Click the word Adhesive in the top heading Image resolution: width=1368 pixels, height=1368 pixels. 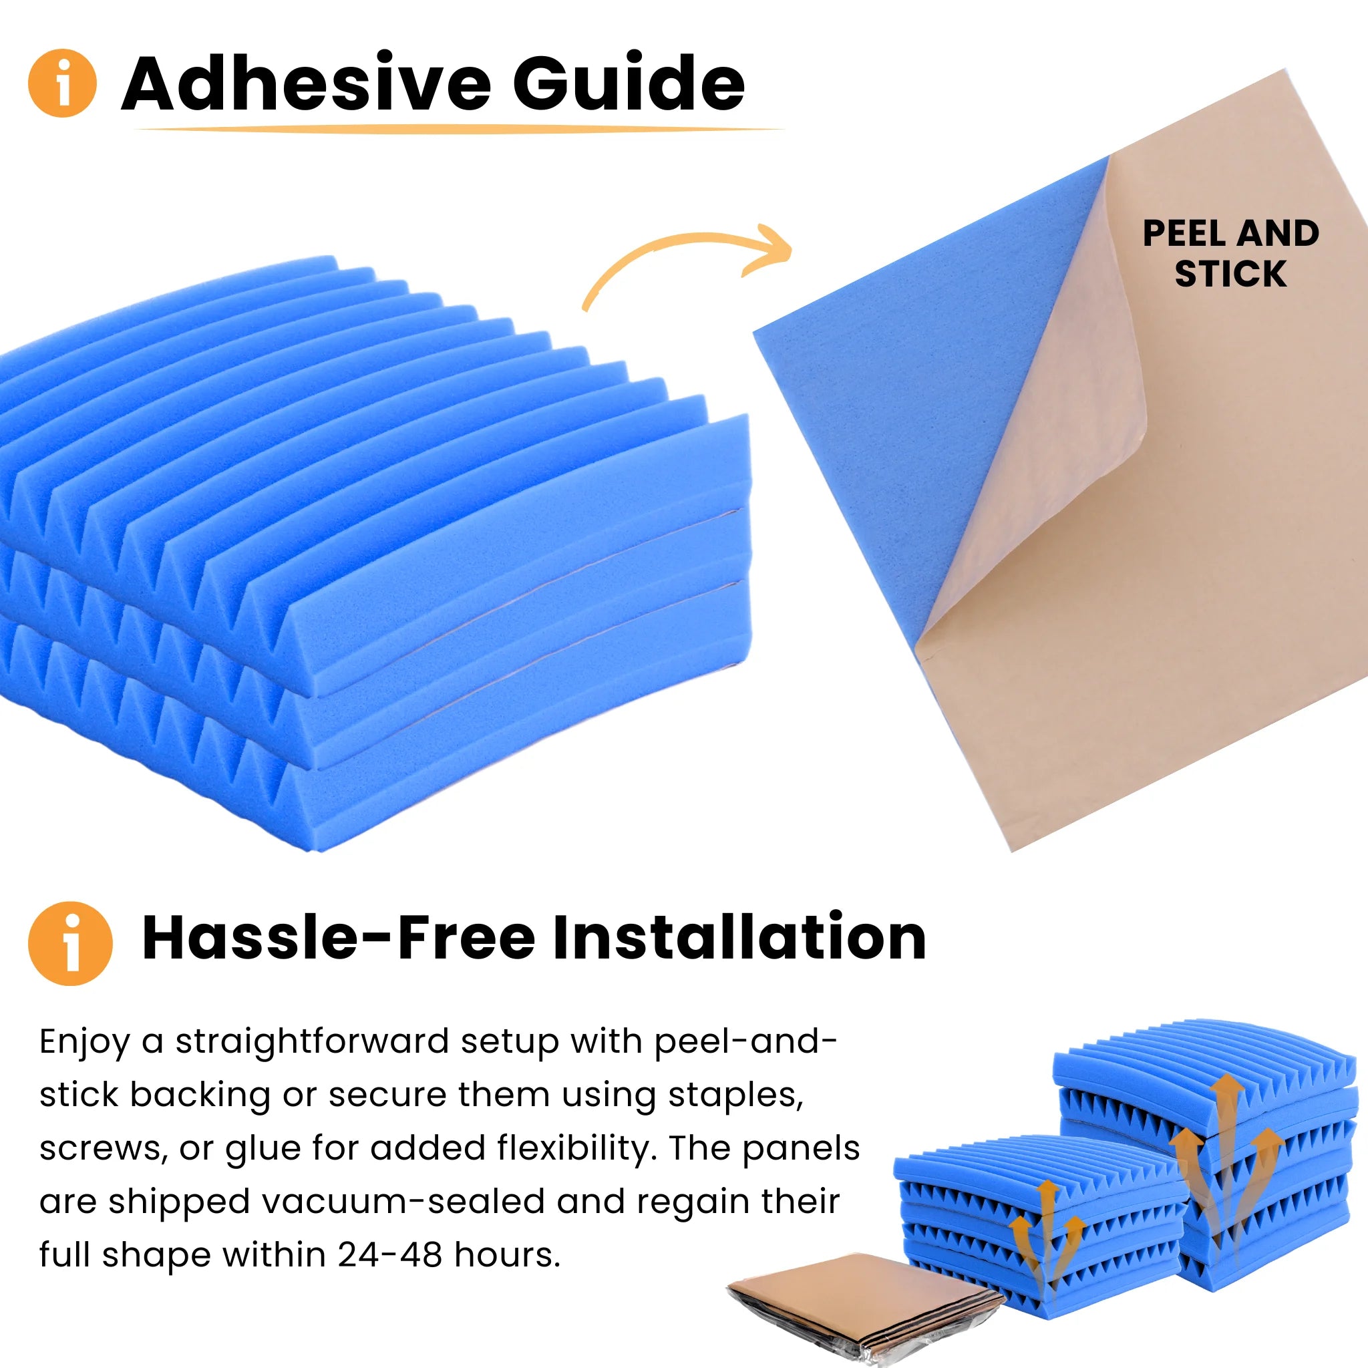[307, 83]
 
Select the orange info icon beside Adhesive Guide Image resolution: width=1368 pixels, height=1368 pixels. [62, 83]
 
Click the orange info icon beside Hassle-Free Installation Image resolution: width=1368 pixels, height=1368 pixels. [70, 943]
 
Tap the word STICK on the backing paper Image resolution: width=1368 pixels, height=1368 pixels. [1230, 274]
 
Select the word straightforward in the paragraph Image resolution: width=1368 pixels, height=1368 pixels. [312, 1041]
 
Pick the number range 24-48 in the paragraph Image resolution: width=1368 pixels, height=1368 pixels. [389, 1254]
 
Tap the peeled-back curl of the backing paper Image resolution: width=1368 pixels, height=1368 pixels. [1041, 411]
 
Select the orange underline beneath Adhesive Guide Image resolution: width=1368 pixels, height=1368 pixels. [459, 130]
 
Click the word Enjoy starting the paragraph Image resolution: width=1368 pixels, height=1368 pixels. [85, 1043]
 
